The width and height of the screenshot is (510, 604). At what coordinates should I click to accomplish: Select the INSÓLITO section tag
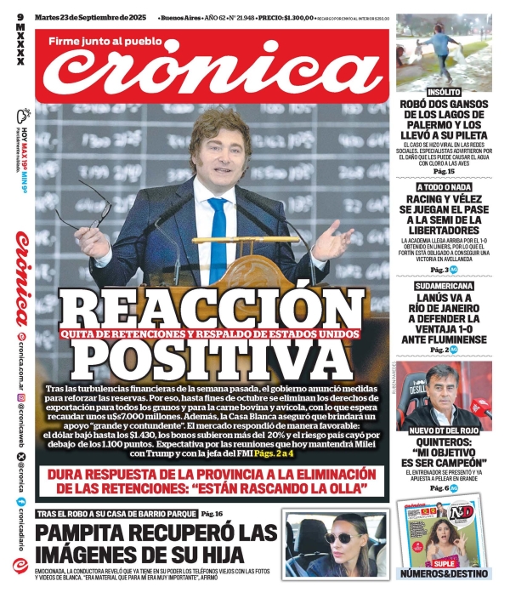(444, 91)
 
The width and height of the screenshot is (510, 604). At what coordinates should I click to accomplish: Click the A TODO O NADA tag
(444, 186)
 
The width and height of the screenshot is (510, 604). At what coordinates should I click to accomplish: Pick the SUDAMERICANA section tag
(444, 287)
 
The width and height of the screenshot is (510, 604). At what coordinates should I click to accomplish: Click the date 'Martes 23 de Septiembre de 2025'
(85, 15)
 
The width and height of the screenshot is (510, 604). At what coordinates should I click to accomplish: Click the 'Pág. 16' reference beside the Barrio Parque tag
(212, 514)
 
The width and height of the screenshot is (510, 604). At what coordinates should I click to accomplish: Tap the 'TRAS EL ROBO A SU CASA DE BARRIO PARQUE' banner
(116, 514)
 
